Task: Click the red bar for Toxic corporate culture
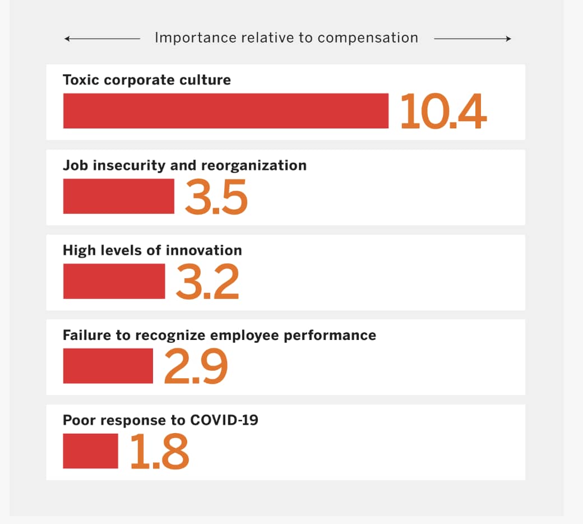tap(225, 111)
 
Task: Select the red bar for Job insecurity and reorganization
tap(118, 196)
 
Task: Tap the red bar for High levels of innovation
tap(114, 281)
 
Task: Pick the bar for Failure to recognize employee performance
tap(108, 366)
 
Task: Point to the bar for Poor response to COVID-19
tap(90, 451)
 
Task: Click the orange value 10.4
tap(443, 112)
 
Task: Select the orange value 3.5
tap(216, 197)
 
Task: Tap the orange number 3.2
tap(207, 282)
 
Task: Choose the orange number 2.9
tap(196, 366)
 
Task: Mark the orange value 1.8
tap(159, 452)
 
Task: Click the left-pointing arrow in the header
tap(101, 39)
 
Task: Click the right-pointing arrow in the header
tap(473, 39)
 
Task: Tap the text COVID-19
tap(224, 420)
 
